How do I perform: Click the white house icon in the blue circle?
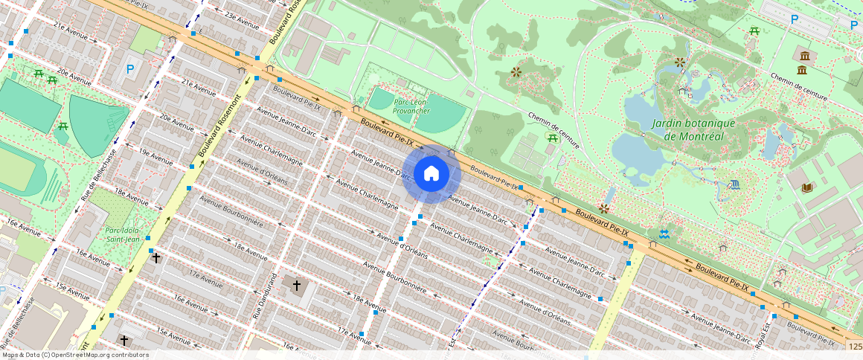pos(431,174)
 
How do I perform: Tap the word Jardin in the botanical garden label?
pos(672,123)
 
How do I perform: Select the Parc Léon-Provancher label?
pos(411,106)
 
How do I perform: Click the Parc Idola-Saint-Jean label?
pos(124,234)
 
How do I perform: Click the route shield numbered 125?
pos(855,347)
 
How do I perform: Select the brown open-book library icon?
pos(807,187)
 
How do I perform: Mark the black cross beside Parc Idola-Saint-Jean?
pos(155,259)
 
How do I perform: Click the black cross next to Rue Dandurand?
pos(296,285)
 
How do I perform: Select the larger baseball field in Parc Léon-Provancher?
pos(440,114)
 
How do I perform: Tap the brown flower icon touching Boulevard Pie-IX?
pos(604,209)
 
